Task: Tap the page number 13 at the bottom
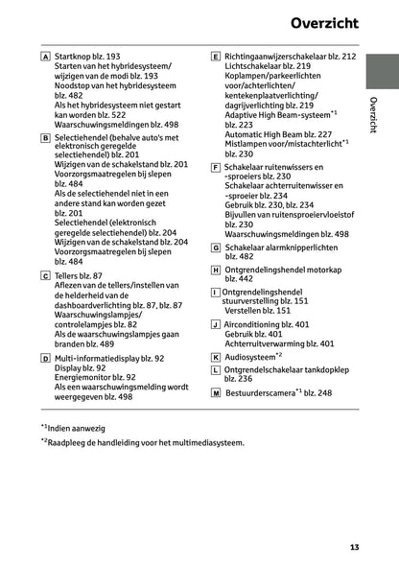355,548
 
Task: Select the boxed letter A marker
46,58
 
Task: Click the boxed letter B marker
46,138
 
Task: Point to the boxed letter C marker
46,276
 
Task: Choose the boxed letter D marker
46,358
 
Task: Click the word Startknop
76,58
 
